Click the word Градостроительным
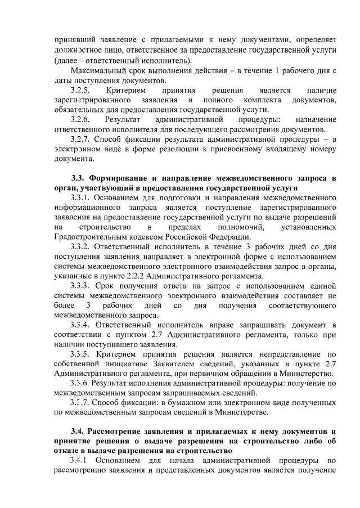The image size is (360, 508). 88,237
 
